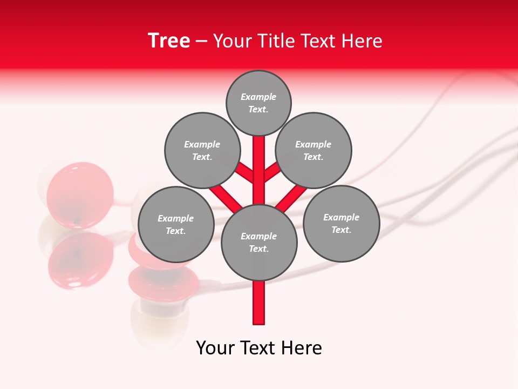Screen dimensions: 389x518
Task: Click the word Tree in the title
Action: [169, 41]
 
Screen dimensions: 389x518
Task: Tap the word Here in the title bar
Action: [362, 41]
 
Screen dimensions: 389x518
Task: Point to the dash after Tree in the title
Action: [201, 42]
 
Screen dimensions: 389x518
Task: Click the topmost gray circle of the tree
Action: [258, 103]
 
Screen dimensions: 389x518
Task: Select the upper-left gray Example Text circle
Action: [202, 150]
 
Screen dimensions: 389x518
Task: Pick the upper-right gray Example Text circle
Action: [313, 150]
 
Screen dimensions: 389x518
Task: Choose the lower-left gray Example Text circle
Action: [176, 224]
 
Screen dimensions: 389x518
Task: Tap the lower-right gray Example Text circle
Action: [341, 223]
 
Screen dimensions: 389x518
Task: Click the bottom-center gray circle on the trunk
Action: [259, 242]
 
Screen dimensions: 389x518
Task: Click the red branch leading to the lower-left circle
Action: [226, 197]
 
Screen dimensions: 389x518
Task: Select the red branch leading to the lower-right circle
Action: [291, 197]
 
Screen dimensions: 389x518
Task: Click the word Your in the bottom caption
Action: [215, 348]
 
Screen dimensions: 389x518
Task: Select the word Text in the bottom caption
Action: [258, 348]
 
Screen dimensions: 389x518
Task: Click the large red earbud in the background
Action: [80, 194]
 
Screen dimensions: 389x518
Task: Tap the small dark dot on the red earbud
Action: [78, 220]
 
